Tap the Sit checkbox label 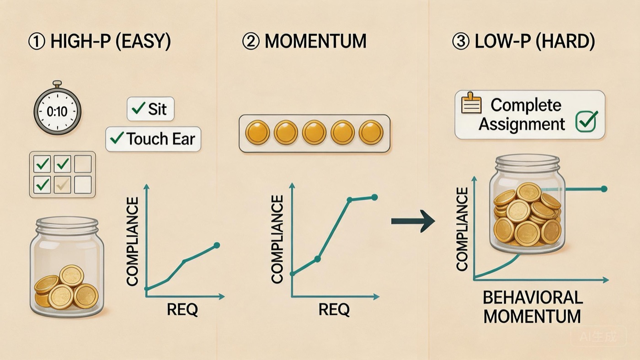pyautogui.click(x=150, y=109)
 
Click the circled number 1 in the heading pyautogui.click(x=37, y=42)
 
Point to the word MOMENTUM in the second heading pyautogui.click(x=315, y=42)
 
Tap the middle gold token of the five pyautogui.click(x=315, y=133)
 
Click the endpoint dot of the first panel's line pyautogui.click(x=217, y=246)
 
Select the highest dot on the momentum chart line pyautogui.click(x=374, y=197)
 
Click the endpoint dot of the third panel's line pyautogui.click(x=604, y=189)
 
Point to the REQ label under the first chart pyautogui.click(x=182, y=310)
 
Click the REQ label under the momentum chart pyautogui.click(x=334, y=310)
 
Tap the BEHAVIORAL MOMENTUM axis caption pyautogui.click(x=533, y=307)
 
